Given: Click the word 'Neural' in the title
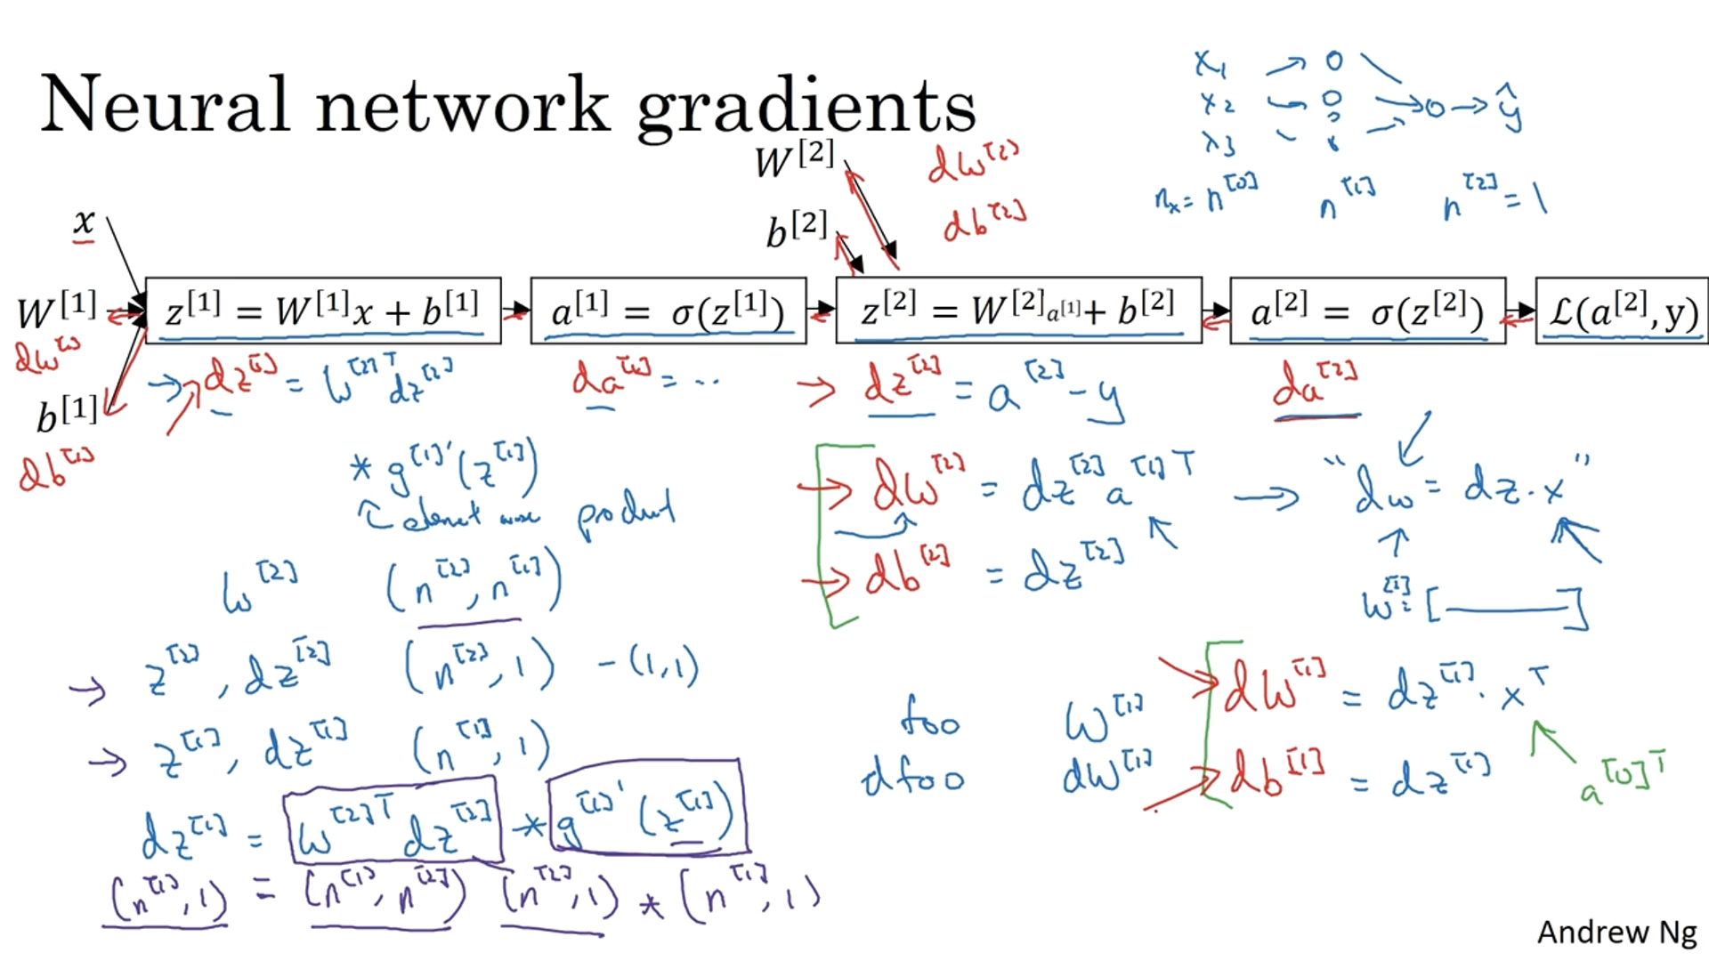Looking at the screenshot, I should pyautogui.click(x=166, y=104).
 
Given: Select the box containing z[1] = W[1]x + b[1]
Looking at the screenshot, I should pyautogui.click(x=323, y=311).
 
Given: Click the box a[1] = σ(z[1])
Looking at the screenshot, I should pyautogui.click(x=668, y=311).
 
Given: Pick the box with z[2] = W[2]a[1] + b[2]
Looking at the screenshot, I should pyautogui.click(x=1018, y=311).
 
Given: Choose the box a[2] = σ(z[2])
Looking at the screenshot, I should pyautogui.click(x=1367, y=311).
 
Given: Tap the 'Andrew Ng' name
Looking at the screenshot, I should pyautogui.click(x=1616, y=932).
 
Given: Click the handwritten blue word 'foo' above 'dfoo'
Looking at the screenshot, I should pyautogui.click(x=929, y=717).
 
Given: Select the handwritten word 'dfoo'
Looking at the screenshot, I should pyautogui.click(x=913, y=779).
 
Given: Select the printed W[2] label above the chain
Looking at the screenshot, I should pyautogui.click(x=794, y=160).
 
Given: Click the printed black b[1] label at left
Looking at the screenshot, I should pyautogui.click(x=67, y=415).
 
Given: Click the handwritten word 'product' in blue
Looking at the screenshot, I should pyautogui.click(x=626, y=515).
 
